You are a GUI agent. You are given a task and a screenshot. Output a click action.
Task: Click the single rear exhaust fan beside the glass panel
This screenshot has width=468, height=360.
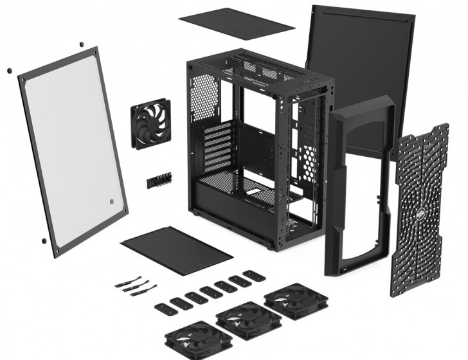click(149, 123)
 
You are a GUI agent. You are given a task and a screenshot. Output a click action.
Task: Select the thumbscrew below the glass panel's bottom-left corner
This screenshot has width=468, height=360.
click(43, 241)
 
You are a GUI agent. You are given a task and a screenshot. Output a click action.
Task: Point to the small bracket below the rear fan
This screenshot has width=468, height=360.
click(160, 179)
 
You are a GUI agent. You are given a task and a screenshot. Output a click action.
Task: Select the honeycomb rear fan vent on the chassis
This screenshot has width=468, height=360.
click(204, 97)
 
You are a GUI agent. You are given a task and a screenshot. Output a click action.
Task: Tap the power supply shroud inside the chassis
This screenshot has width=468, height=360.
click(225, 193)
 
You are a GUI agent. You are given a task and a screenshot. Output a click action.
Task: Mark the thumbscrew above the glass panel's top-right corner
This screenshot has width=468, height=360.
click(82, 44)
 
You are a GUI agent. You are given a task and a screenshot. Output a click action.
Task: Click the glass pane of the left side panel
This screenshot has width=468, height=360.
click(71, 148)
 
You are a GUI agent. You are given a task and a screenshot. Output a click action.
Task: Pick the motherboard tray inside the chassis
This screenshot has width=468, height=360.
click(257, 148)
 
